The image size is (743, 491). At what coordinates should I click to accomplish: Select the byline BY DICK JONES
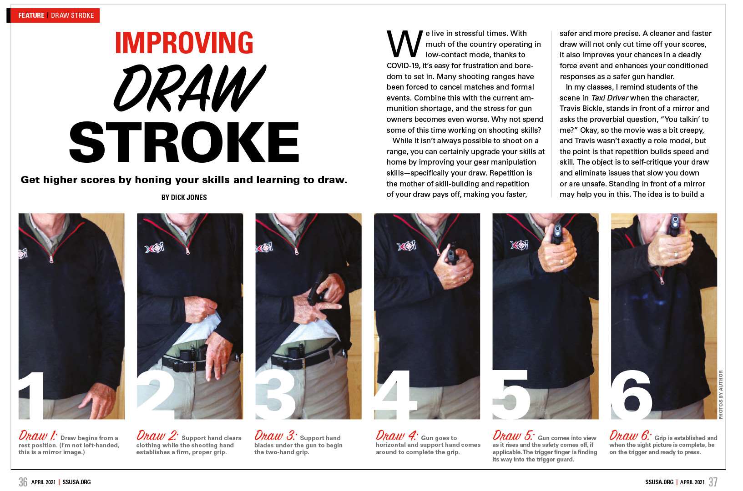click(184, 198)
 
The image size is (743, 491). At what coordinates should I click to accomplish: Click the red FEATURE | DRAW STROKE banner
click(55, 15)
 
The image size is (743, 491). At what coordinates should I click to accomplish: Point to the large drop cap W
click(404, 44)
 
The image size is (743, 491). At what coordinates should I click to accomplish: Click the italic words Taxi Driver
click(610, 98)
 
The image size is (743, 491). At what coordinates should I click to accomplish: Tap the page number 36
click(23, 482)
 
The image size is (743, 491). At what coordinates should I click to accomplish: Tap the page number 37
click(713, 482)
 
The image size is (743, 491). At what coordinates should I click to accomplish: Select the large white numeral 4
click(395, 395)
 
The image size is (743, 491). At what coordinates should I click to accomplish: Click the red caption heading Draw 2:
click(157, 436)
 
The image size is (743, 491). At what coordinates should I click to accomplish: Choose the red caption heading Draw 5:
click(514, 436)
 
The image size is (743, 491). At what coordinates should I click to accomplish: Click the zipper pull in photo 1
click(51, 259)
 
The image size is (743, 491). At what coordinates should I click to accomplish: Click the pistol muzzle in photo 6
click(675, 220)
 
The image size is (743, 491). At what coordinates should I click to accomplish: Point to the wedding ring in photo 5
click(561, 262)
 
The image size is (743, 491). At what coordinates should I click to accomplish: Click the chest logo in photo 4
click(407, 246)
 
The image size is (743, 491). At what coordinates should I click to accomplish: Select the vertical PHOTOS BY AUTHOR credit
click(720, 395)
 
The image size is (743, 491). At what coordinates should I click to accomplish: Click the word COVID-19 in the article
click(403, 65)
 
